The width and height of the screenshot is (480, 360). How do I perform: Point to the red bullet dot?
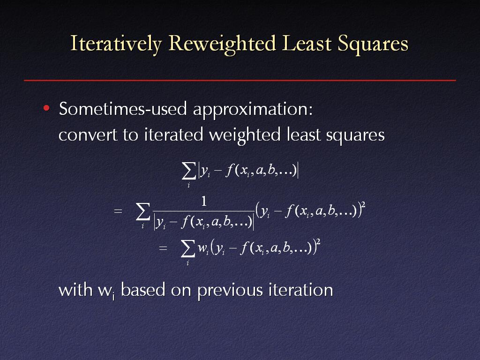46,108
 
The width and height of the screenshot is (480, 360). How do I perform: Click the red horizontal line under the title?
240,81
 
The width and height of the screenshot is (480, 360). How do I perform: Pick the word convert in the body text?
88,135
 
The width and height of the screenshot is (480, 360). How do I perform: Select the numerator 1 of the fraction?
203,202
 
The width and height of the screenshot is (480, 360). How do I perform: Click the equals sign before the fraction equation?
118,211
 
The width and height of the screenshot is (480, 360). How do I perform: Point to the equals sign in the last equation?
163,248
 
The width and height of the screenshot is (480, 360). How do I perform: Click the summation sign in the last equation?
188,248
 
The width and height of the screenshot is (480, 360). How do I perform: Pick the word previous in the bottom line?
230,291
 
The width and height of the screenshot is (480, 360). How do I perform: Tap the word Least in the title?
307,44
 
